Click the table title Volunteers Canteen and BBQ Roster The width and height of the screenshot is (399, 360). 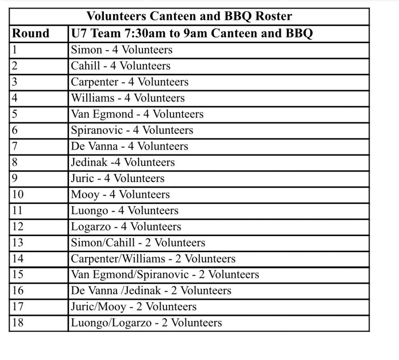click(x=189, y=17)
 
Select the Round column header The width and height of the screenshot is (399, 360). click(x=30, y=33)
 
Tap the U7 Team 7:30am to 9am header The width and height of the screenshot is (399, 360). click(x=192, y=33)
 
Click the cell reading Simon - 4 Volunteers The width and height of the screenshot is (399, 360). click(x=122, y=50)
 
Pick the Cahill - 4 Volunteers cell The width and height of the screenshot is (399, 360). click(x=121, y=66)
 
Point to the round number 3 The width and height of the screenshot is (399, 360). click(x=15, y=82)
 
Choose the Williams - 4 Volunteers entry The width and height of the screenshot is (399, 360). click(x=128, y=98)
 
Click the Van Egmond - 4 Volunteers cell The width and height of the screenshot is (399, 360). click(x=137, y=114)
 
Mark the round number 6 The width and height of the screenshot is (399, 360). click(x=15, y=131)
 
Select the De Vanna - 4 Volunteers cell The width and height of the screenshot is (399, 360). click(x=129, y=146)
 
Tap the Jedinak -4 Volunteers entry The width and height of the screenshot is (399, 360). click(x=123, y=163)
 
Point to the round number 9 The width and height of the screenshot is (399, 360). click(x=15, y=178)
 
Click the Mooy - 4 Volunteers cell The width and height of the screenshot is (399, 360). click(x=120, y=195)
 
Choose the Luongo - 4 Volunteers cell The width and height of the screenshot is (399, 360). click(x=124, y=210)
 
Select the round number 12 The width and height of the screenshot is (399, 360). click(x=18, y=227)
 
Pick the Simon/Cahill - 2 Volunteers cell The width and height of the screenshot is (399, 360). click(x=138, y=242)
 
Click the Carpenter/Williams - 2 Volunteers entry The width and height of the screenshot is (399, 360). click(x=153, y=259)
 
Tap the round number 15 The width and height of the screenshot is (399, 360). click(x=18, y=275)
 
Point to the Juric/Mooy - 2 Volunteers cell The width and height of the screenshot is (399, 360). click(x=134, y=307)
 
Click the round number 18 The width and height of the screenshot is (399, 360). click(x=18, y=323)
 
